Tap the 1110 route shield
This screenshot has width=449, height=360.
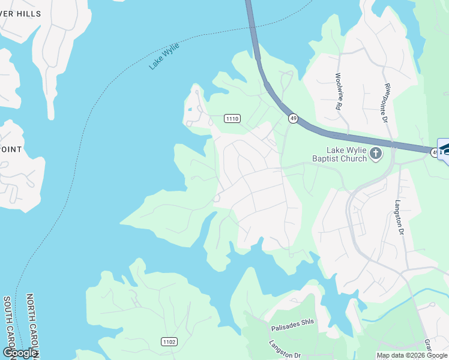232,119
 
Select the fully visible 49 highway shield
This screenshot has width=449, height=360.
293,119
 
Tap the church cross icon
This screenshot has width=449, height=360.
376,154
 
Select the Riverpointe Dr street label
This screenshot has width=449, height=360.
385,103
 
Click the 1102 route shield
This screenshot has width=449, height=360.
169,342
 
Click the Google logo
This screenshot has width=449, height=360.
20,353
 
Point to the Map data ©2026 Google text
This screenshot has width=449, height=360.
412,355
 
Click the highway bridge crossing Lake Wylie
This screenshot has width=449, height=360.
252,30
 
